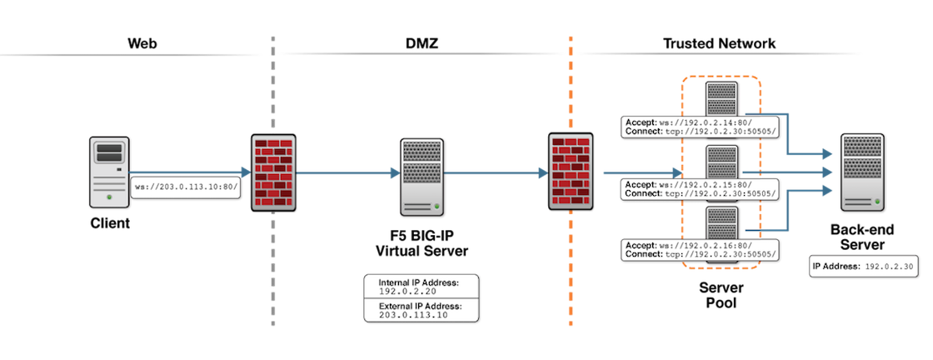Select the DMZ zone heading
click(x=422, y=43)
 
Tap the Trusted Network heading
click(x=720, y=43)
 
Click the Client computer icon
click(x=109, y=172)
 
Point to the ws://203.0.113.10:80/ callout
click(x=187, y=187)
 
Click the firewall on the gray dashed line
click(x=273, y=172)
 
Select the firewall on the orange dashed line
click(x=571, y=172)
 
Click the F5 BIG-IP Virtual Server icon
click(x=422, y=177)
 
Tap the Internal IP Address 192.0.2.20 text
click(x=420, y=287)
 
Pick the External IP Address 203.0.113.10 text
click(x=421, y=311)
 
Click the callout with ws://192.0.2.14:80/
click(x=699, y=127)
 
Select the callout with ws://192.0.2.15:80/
click(x=699, y=188)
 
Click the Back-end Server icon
click(x=861, y=172)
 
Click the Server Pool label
click(x=721, y=295)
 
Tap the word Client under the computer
click(x=110, y=224)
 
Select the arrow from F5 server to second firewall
click(x=496, y=173)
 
